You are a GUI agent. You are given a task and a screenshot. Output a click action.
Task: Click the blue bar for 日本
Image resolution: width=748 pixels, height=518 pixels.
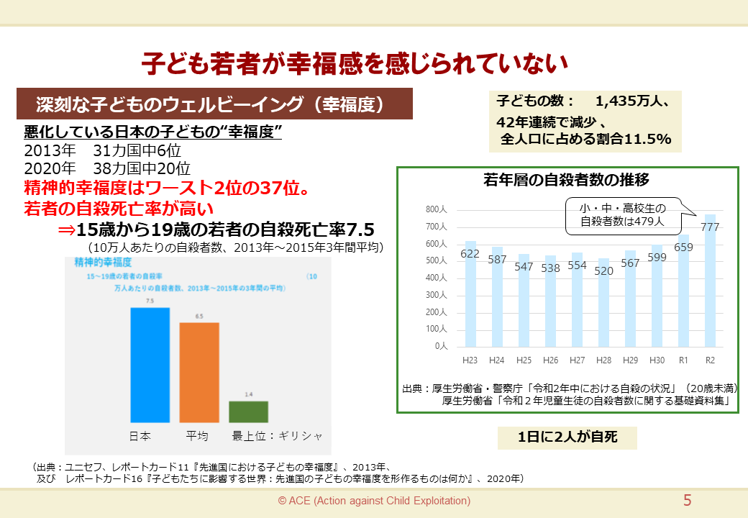tap(150, 365)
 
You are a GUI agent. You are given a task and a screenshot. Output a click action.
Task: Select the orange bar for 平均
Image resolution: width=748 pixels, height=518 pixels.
tap(199, 372)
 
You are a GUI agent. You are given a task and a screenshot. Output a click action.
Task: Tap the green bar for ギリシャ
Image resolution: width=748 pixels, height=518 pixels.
tap(248, 412)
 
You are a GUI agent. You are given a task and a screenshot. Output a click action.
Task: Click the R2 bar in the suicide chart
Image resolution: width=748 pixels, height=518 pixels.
tap(710, 281)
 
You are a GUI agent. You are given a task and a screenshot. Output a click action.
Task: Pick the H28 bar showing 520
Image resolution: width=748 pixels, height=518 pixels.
tap(603, 303)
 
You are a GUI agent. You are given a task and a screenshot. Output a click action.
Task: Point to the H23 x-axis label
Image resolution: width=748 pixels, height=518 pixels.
tap(470, 360)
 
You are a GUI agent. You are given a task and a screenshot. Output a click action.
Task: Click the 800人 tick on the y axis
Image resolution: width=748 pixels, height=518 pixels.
tap(437, 210)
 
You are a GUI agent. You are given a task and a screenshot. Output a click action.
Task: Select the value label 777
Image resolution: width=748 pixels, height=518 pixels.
tap(710, 227)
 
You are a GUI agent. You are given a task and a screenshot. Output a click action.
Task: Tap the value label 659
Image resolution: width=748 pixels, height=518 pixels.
tap(683, 247)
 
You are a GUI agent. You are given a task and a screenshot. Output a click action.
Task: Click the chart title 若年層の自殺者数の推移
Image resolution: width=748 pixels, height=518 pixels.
tap(567, 181)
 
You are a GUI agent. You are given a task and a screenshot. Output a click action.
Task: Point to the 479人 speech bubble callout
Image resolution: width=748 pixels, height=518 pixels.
tap(623, 215)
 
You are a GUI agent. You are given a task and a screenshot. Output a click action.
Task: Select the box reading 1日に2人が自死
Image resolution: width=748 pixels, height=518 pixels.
tap(567, 437)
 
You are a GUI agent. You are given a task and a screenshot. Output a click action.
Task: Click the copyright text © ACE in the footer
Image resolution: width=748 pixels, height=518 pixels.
tap(374, 501)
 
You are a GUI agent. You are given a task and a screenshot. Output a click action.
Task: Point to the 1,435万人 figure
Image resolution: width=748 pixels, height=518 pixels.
tap(632, 101)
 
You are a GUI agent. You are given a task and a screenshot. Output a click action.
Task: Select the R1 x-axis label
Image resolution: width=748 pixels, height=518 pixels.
tap(683, 360)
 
